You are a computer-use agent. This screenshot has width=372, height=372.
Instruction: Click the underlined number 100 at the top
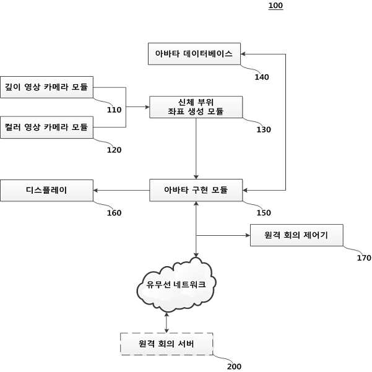click(275, 6)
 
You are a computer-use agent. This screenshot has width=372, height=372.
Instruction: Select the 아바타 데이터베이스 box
click(194, 54)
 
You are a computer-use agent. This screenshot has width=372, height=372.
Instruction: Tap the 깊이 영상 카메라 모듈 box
click(47, 87)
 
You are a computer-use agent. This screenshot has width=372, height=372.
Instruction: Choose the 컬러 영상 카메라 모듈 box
click(47, 127)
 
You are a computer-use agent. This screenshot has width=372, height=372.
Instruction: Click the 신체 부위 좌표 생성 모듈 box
click(196, 107)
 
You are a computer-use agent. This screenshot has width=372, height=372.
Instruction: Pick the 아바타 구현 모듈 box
click(196, 190)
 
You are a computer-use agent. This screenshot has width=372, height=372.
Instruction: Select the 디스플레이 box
click(47, 190)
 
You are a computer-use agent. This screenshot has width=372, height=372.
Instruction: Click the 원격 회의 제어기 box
click(296, 235)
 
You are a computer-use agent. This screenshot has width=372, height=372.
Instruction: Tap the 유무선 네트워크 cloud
click(176, 285)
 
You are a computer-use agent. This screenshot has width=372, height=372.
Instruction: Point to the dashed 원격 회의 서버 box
click(167, 344)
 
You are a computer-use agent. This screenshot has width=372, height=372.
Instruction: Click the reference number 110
click(114, 110)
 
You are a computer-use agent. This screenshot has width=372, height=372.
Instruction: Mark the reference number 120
click(114, 150)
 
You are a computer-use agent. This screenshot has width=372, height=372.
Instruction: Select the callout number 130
click(264, 129)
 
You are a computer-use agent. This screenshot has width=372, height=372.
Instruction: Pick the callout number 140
click(262, 77)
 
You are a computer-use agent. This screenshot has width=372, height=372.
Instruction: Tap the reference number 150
click(264, 212)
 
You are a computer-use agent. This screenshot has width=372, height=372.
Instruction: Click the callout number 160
click(114, 213)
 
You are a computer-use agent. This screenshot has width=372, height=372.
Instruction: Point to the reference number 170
click(364, 258)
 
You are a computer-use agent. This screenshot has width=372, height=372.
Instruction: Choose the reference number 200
click(234, 366)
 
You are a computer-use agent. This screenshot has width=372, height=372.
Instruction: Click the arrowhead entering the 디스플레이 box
click(95, 190)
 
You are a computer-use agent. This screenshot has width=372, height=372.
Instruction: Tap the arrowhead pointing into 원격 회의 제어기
click(248, 235)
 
